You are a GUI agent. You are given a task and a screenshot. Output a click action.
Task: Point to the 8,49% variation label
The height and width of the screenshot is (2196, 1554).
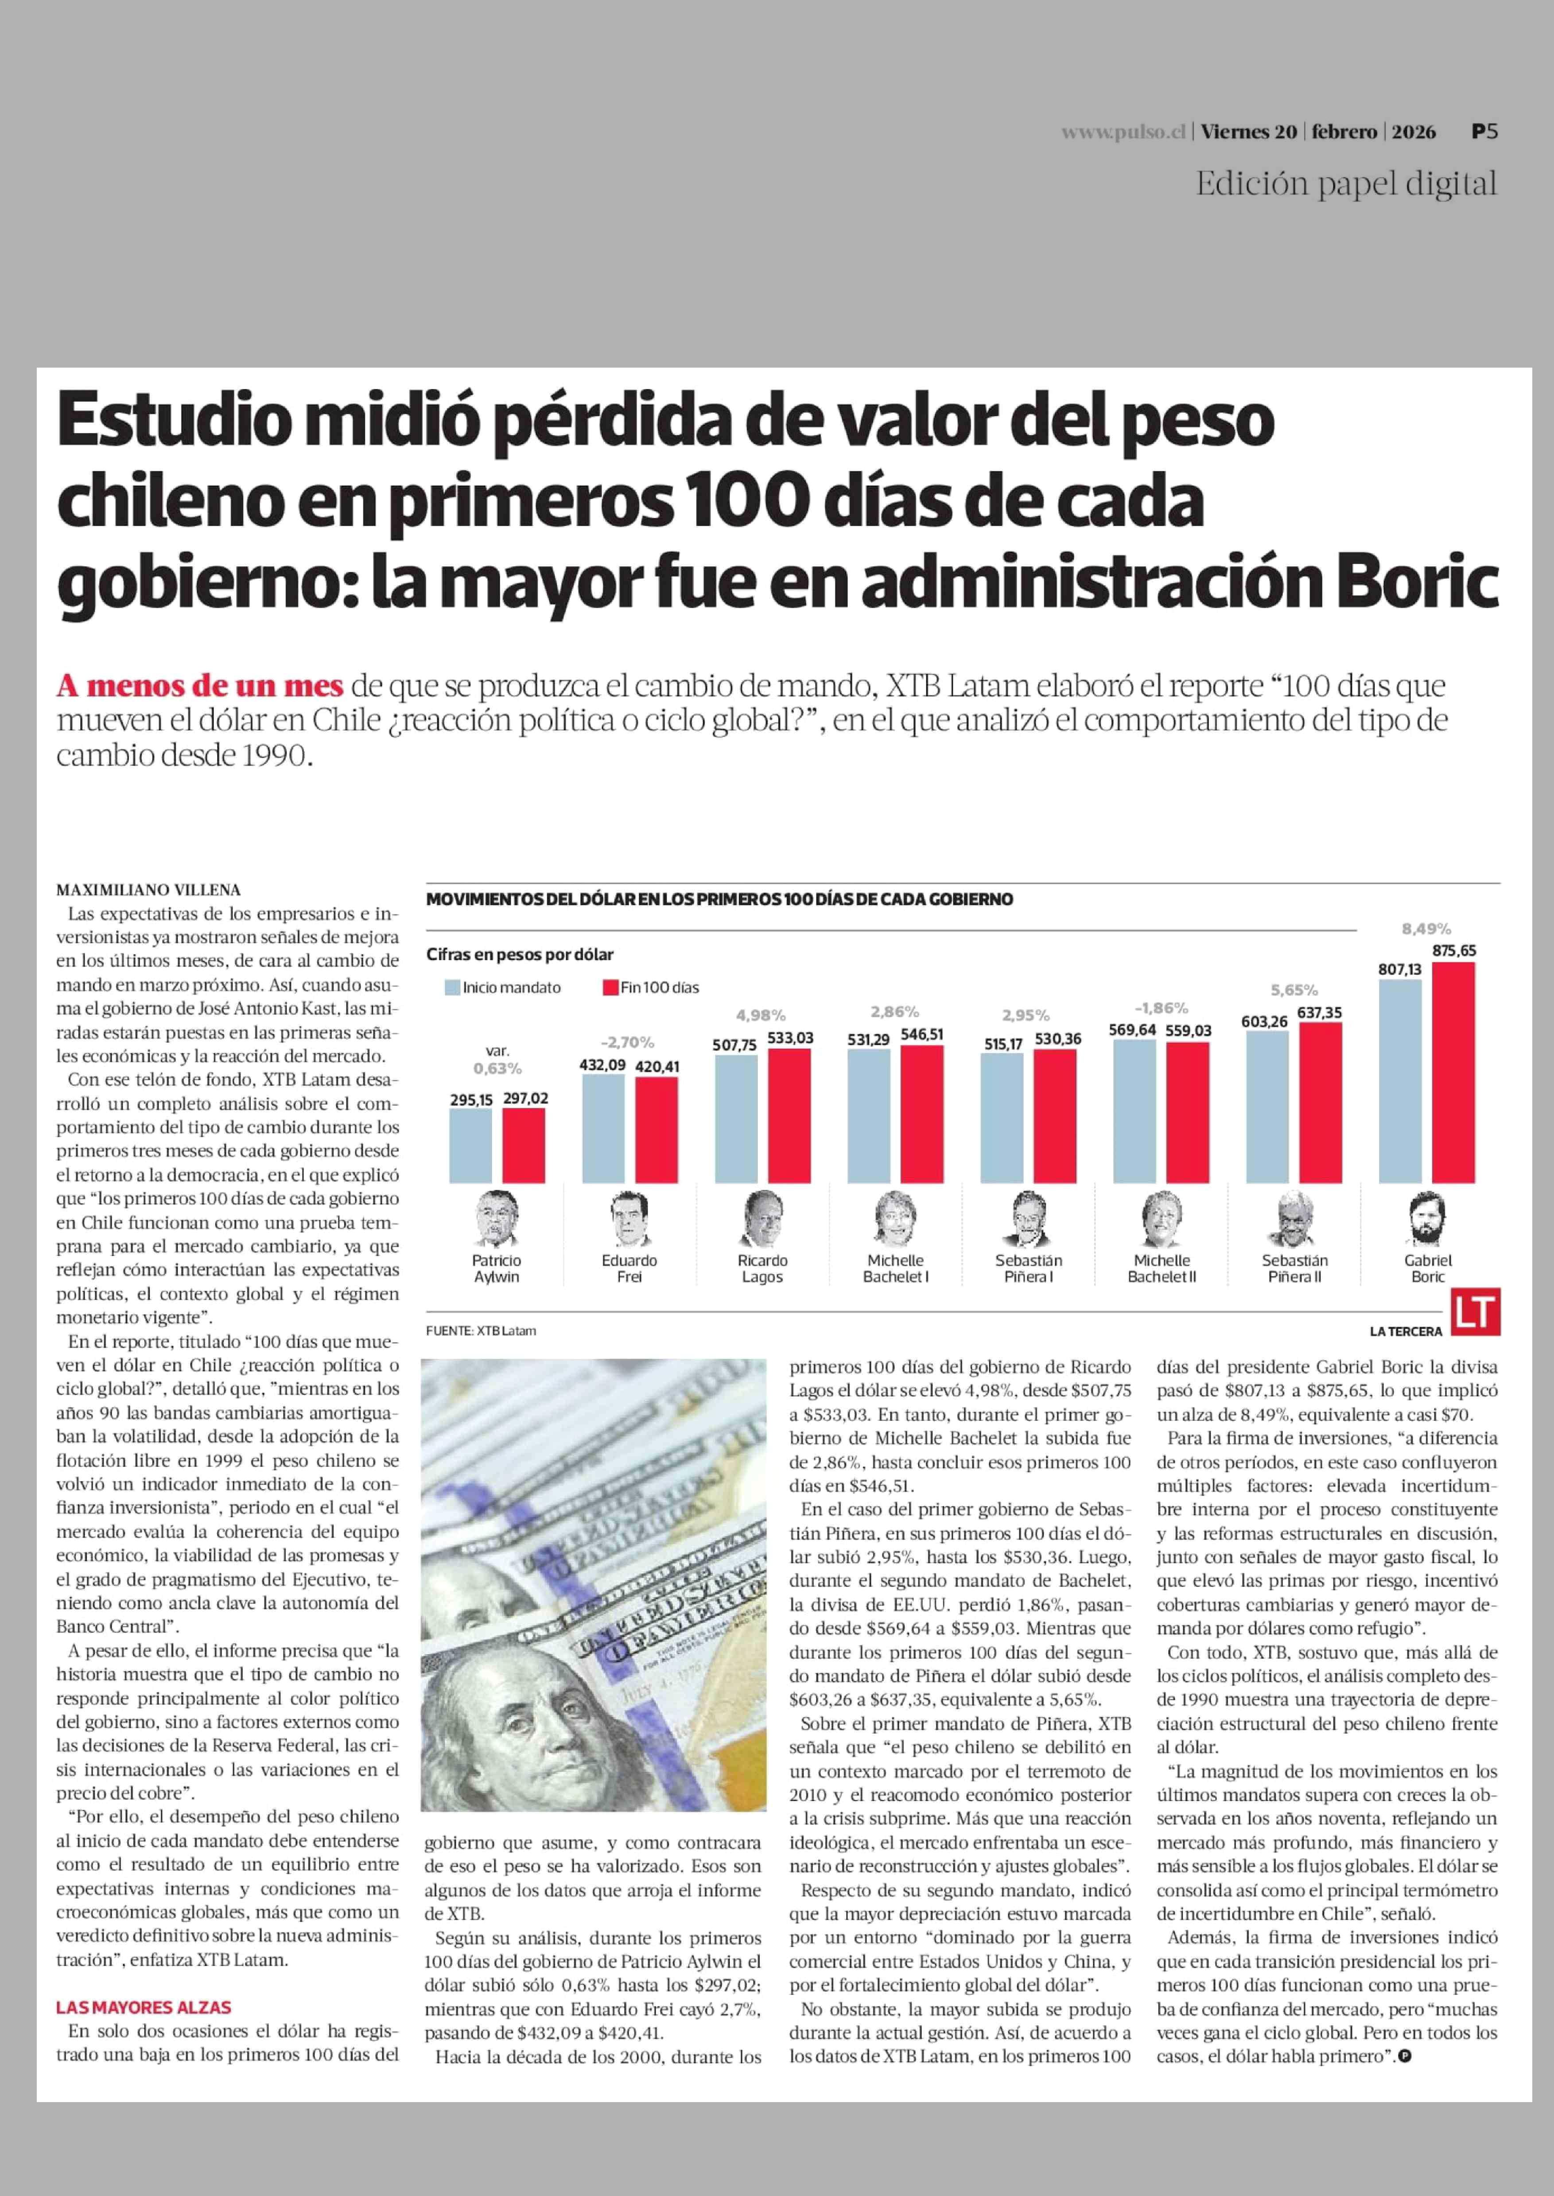pos(1426,928)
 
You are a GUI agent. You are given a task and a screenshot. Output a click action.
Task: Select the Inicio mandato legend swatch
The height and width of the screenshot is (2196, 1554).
pos(453,987)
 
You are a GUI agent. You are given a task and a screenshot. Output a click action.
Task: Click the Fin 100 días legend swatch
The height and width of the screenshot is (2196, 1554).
pos(610,987)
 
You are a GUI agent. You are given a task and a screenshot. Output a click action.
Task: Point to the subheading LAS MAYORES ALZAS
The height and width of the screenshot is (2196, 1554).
pos(144,2006)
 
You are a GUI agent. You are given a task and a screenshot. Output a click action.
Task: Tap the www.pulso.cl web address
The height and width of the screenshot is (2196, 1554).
pos(1123,133)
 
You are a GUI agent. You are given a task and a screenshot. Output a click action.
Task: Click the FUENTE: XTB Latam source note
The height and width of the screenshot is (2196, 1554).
pos(482,1331)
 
